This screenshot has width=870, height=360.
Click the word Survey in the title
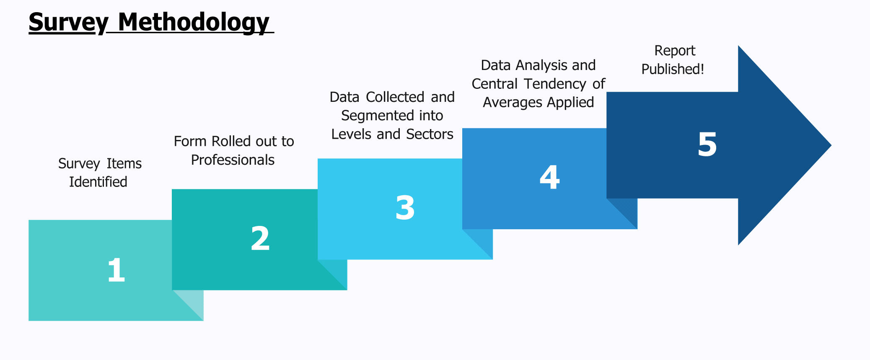68,22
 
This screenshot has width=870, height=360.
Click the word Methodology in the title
194,22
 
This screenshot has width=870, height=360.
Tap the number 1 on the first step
116,270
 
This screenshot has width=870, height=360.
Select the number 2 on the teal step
260,238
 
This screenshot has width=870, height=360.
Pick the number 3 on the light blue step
405,208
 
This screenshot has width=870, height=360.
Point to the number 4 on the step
549,177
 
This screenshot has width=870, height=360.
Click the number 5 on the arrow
707,145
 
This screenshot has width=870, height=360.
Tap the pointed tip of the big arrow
831,145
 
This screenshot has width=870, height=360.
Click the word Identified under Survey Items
98,182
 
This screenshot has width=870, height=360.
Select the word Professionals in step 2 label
233,160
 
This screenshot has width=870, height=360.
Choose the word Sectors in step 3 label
430,134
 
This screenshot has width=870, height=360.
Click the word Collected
395,97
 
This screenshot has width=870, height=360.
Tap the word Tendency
555,84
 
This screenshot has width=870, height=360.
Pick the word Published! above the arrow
673,69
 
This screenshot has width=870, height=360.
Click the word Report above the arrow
675,51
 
